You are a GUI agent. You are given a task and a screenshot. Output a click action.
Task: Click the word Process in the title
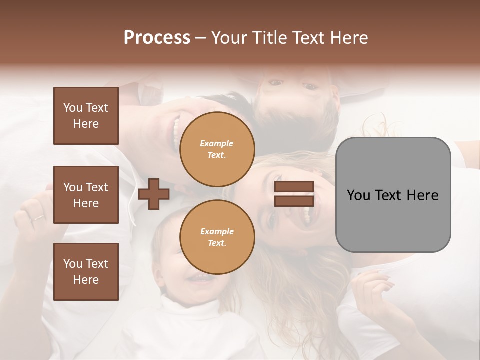point(157,38)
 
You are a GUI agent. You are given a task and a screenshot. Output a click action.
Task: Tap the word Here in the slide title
point(349,38)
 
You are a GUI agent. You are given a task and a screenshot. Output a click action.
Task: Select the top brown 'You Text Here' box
point(86,116)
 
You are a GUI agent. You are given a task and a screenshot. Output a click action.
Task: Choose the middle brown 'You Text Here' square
point(86,195)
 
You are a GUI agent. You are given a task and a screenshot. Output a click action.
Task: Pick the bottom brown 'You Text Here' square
point(86,271)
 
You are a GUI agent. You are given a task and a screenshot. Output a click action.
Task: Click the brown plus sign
point(154,194)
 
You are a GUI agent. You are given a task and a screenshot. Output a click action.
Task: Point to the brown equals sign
point(294,194)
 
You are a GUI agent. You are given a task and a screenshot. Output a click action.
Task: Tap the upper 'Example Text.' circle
point(217,149)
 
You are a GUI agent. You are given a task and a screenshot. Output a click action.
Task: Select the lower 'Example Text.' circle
point(217,237)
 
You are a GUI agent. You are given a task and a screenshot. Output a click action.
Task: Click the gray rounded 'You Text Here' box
point(393,195)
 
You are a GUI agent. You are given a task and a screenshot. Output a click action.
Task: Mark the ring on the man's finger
point(38,218)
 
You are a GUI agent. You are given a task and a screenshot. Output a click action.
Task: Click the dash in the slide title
point(200,38)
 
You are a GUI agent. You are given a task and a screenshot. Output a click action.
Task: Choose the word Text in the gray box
point(391,195)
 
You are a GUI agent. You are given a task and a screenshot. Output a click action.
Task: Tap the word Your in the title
point(229,38)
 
